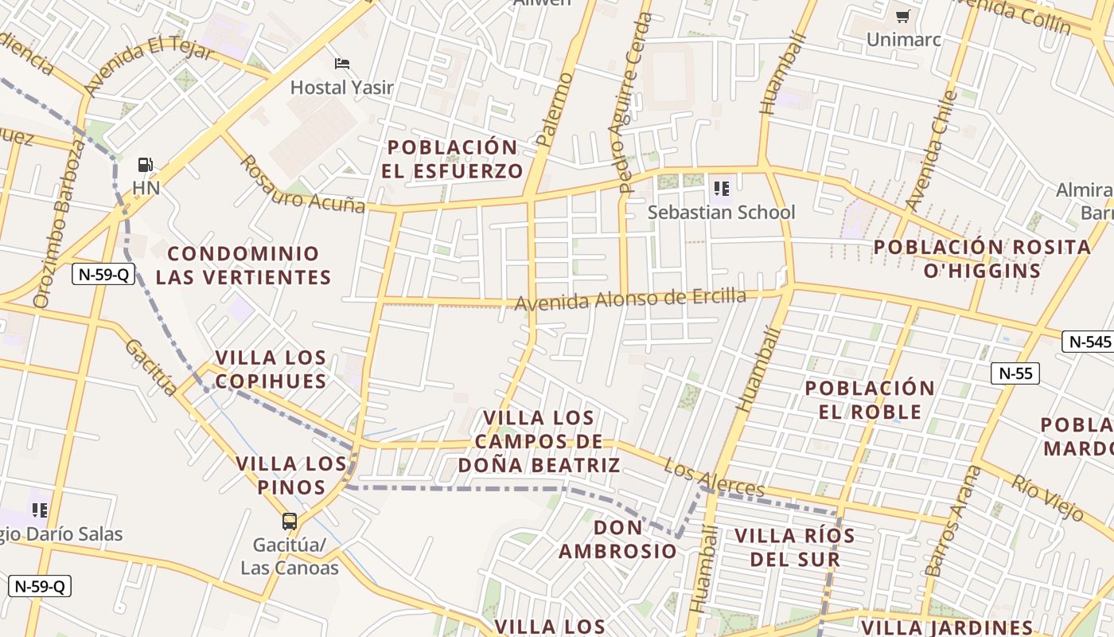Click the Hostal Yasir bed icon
342,63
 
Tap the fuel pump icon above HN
146,165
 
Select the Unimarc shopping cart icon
902,16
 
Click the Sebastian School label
721,213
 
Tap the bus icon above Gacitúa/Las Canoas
290,522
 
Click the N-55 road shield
1015,373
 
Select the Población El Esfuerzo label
452,159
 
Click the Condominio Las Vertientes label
243,265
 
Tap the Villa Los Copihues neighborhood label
271,369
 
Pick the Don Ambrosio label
618,539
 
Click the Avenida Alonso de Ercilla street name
630,300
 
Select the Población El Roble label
870,400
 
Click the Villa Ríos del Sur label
795,547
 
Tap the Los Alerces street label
715,478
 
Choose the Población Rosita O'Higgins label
983,259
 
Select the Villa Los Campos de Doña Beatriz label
539,441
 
